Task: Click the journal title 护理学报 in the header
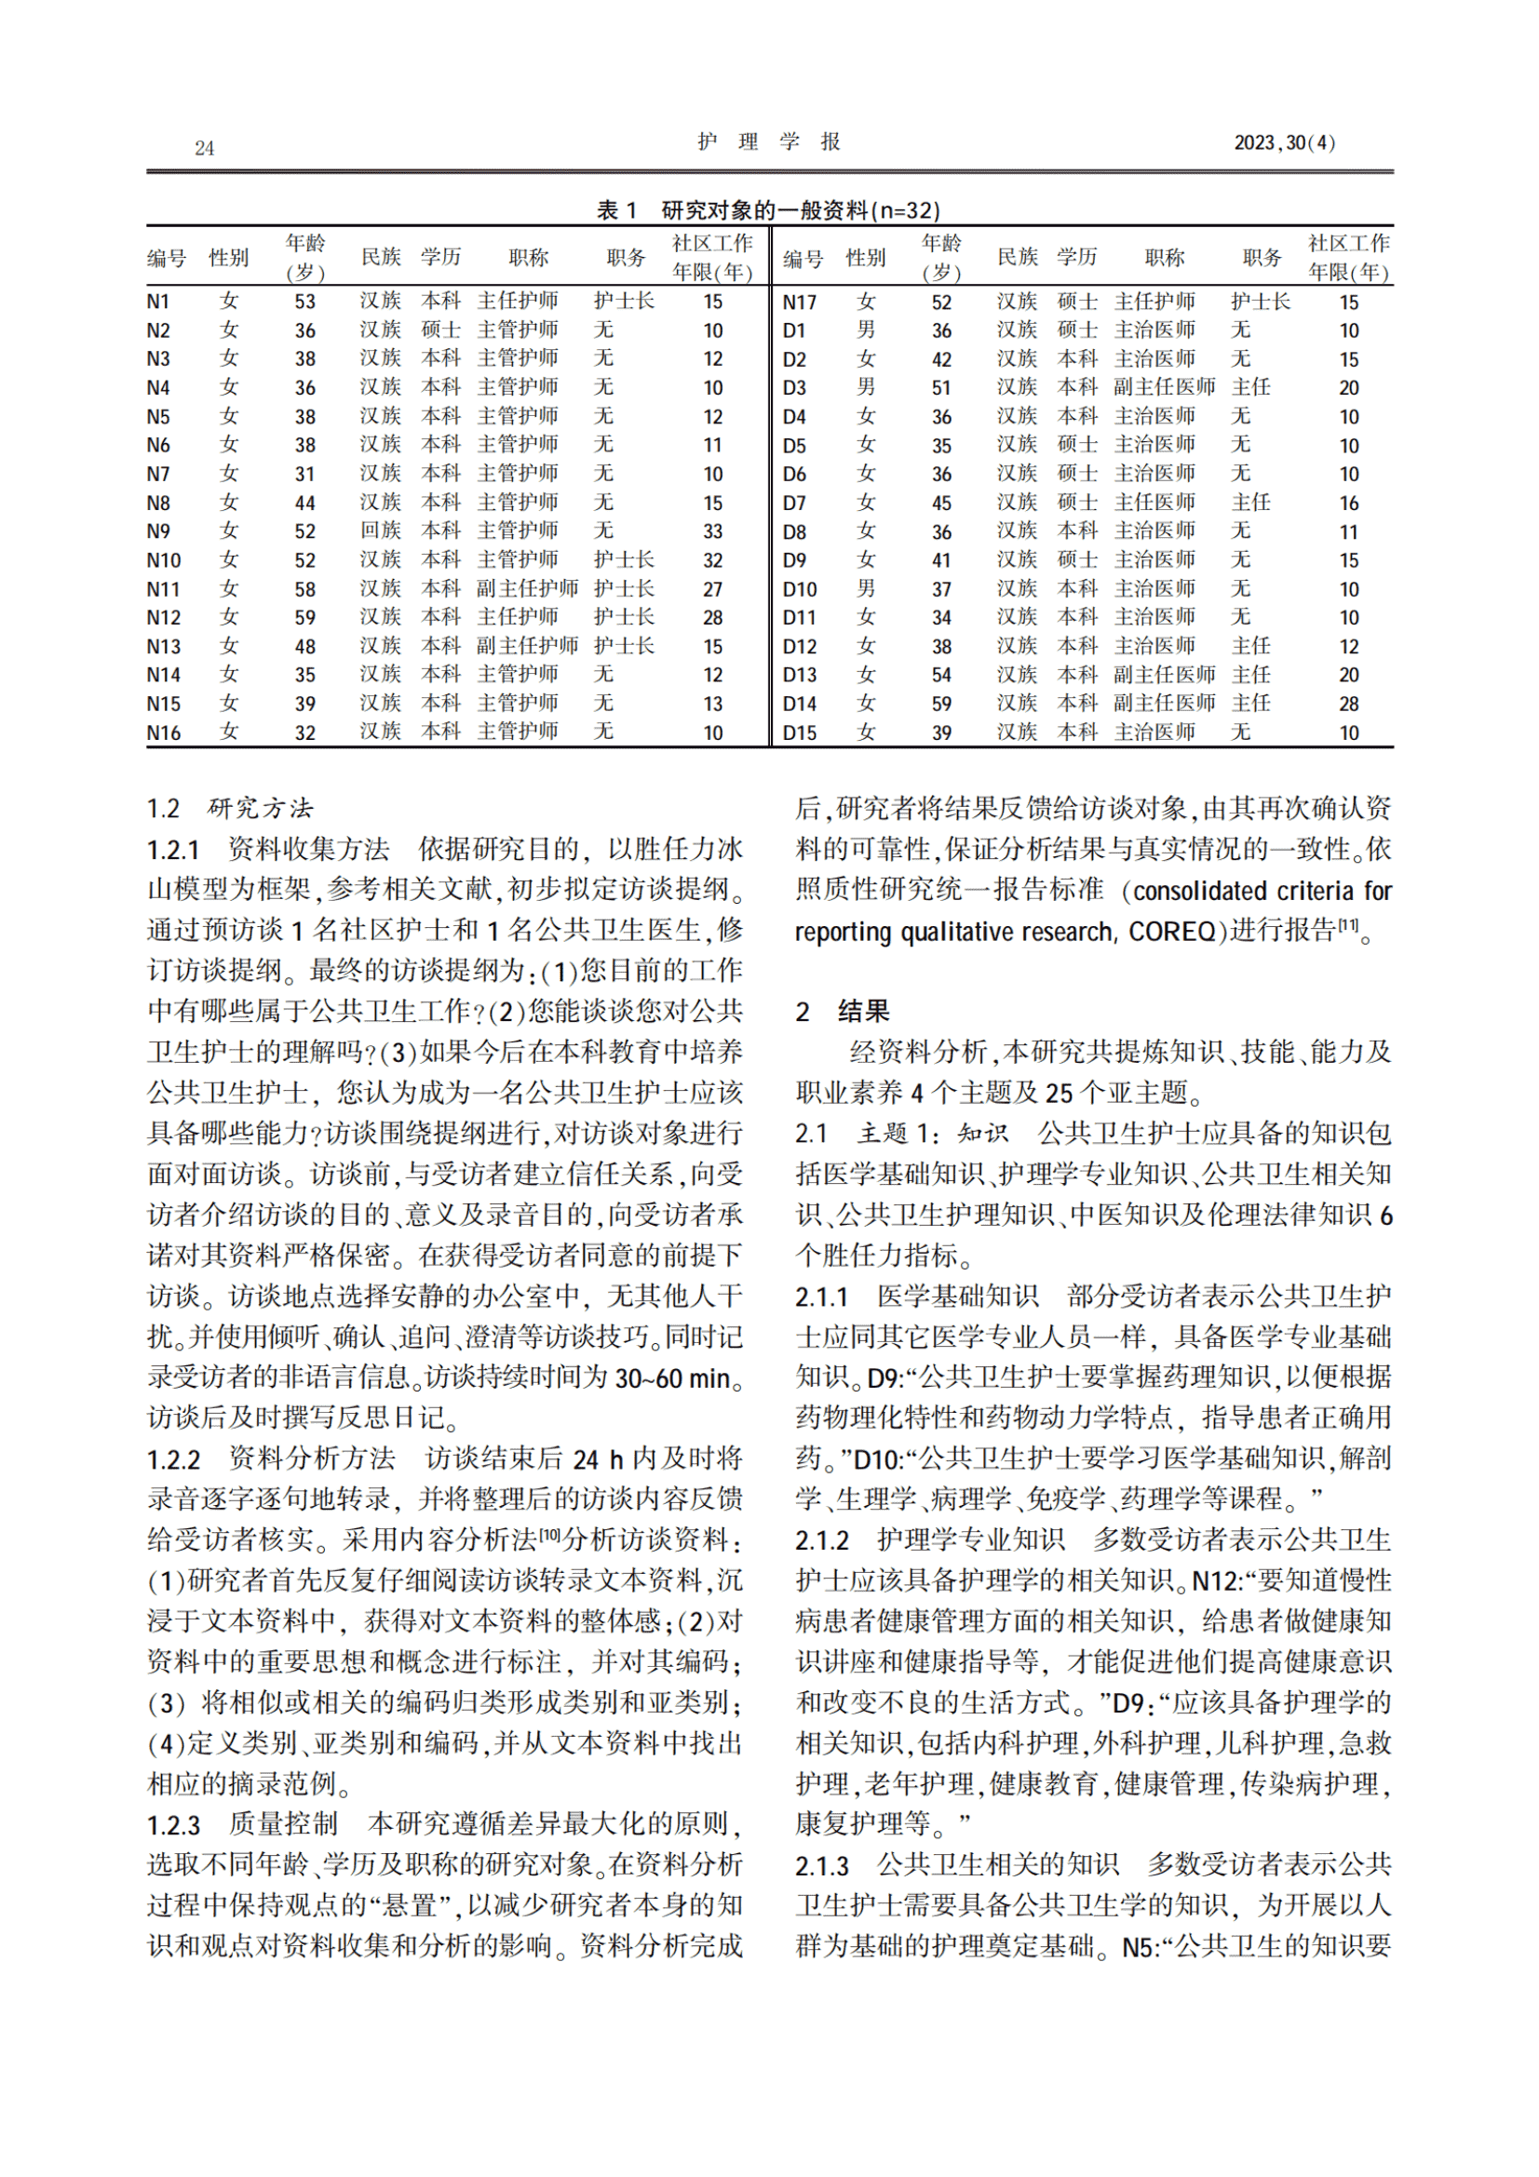768,142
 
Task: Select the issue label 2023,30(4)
1284,143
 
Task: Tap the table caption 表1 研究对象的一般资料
768,209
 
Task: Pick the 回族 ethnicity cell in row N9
380,531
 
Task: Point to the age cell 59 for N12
304,618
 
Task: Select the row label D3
794,388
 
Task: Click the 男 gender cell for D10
866,589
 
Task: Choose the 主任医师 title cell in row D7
1154,503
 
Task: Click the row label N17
800,302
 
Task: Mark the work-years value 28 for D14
1348,705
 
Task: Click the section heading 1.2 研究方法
230,808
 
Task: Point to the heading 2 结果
842,1012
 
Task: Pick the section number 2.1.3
822,1866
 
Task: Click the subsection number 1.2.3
173,1825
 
